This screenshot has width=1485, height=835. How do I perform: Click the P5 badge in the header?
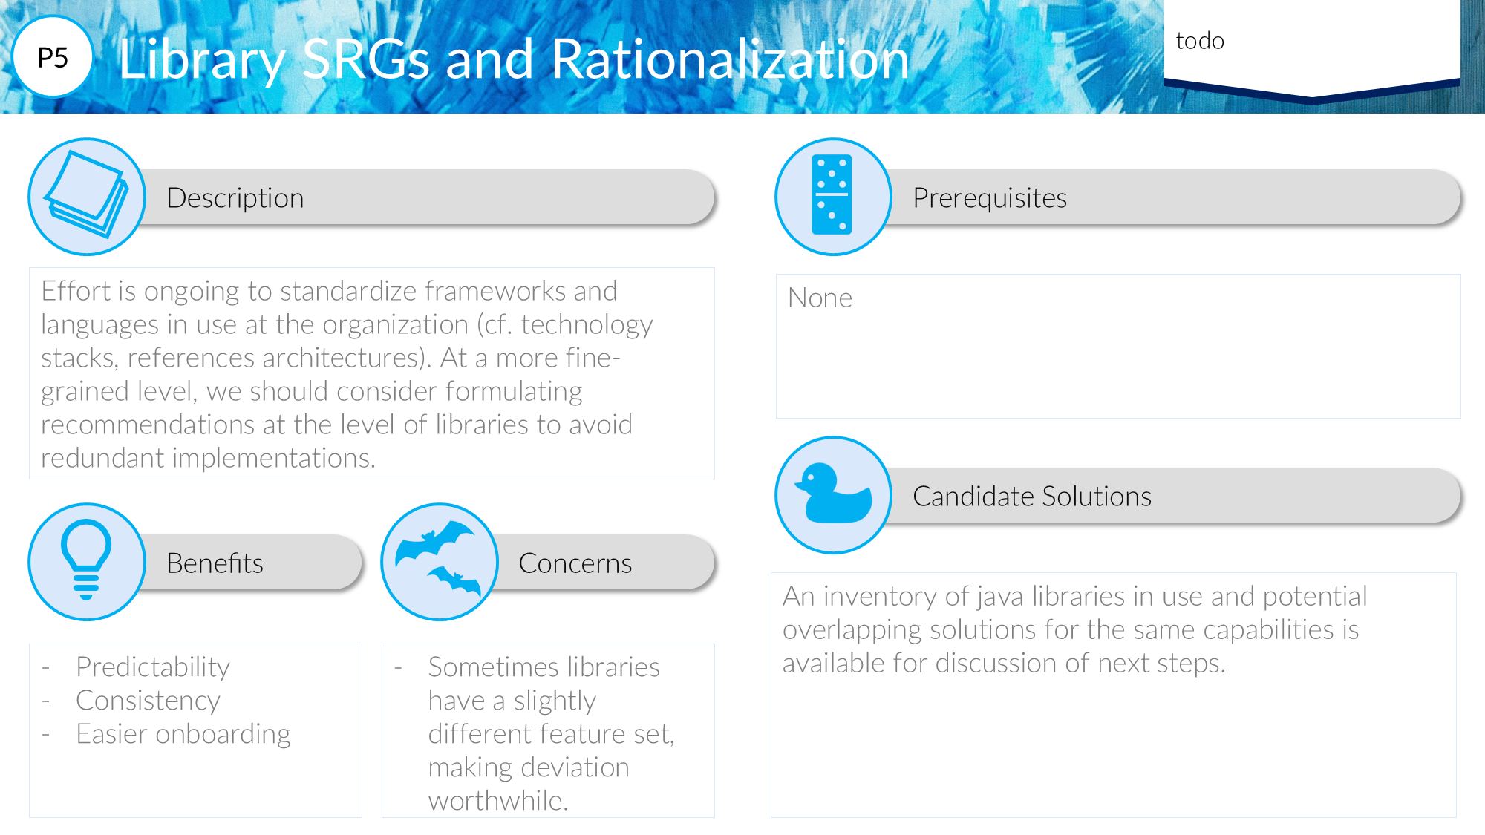click(x=53, y=57)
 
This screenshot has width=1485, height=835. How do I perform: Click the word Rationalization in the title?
click(x=730, y=59)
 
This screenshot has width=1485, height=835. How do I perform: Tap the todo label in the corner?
click(x=1200, y=41)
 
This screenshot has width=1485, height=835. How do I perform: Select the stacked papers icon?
click(x=86, y=194)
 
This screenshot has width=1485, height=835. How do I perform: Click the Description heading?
click(x=235, y=198)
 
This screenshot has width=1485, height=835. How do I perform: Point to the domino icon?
click(x=832, y=194)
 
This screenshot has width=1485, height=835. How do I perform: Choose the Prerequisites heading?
click(x=990, y=198)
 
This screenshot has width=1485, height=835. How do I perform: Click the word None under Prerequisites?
click(x=820, y=298)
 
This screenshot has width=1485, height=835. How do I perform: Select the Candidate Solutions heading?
click(x=1032, y=496)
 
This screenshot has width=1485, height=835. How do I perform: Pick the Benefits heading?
click(x=215, y=563)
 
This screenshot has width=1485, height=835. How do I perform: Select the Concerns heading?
click(x=575, y=563)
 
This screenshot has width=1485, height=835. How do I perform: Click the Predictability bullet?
click(x=153, y=667)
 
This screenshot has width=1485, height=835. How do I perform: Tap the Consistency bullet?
click(x=148, y=701)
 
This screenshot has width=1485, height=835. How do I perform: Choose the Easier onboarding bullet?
click(x=183, y=734)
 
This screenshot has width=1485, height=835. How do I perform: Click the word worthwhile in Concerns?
click(x=498, y=800)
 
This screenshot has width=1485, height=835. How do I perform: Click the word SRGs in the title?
click(x=366, y=59)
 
